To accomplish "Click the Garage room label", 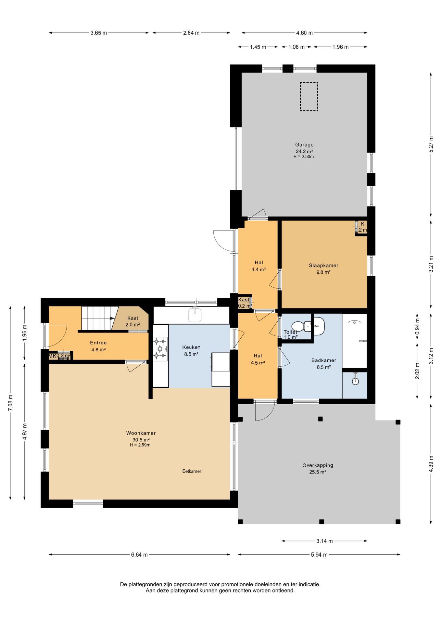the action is (304, 145).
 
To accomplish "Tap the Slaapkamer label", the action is (323, 266).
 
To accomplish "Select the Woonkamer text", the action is (141, 433).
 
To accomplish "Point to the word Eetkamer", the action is (192, 471).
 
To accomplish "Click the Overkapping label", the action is (318, 465).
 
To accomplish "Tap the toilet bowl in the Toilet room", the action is (299, 326).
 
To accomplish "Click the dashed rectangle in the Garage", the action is (309, 97).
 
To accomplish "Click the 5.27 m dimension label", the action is (431, 144).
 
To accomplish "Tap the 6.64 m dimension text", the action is (139, 555).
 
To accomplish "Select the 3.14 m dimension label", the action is (324, 541).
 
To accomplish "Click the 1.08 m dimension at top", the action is (296, 47).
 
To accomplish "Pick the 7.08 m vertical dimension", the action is (10, 403).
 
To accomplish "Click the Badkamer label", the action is (324, 360).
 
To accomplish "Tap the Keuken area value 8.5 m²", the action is (191, 354).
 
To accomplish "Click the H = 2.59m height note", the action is (140, 445).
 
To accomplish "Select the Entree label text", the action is (98, 343).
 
